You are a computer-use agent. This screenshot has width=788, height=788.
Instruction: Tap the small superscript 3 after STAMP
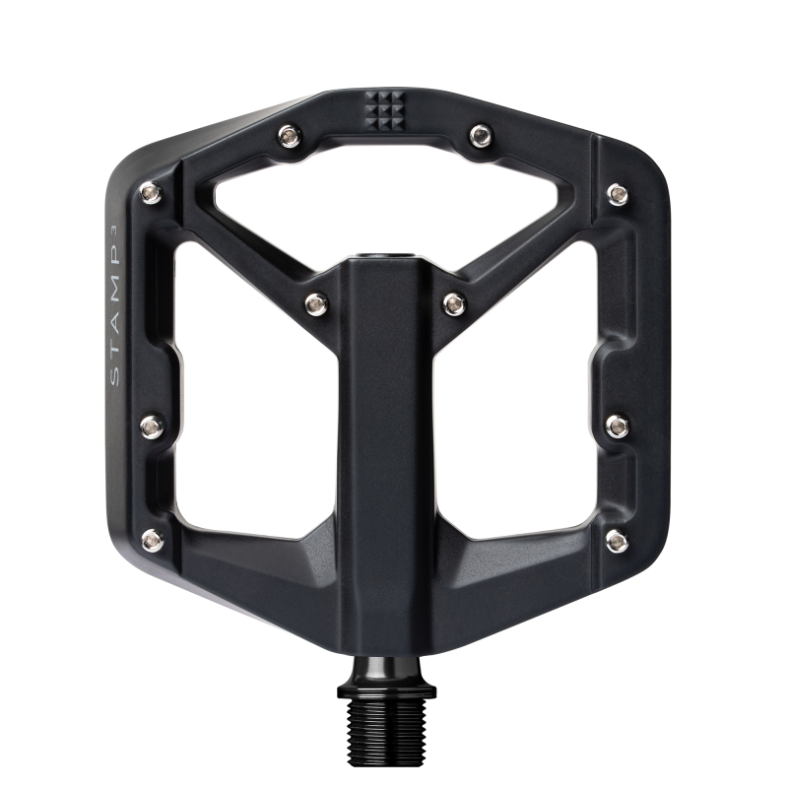114,229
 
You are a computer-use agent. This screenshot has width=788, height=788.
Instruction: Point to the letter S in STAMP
115,377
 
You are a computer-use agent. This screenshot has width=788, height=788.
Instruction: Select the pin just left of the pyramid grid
290,135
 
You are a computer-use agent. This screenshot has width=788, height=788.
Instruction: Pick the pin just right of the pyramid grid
481,135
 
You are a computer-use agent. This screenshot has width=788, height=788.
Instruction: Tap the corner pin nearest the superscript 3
151,191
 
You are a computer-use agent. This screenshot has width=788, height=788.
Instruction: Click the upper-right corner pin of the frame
618,193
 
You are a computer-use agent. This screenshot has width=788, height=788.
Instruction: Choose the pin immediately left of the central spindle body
316,303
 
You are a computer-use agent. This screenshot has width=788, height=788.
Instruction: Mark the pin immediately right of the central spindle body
454,303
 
